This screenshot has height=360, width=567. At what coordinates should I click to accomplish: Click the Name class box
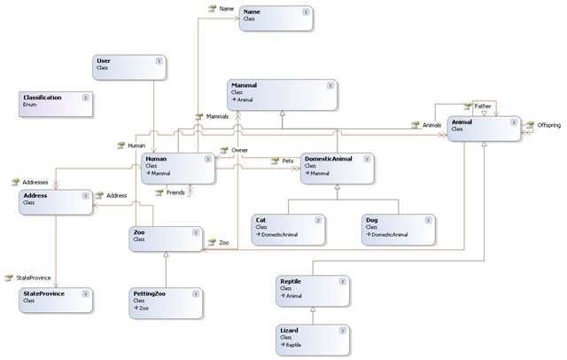(275, 18)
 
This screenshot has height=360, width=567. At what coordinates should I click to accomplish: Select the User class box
(128, 67)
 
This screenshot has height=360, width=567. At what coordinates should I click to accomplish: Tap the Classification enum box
(54, 104)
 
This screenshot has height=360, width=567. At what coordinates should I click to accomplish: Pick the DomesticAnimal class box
(337, 166)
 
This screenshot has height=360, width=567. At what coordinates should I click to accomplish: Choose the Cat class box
(288, 227)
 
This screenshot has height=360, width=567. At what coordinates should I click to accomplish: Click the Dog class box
(397, 227)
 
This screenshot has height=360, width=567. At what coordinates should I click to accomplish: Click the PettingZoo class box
(167, 300)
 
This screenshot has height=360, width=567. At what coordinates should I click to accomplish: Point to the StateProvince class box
(54, 298)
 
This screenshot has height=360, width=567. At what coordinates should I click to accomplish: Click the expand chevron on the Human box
(208, 160)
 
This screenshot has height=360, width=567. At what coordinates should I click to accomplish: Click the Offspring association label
(548, 126)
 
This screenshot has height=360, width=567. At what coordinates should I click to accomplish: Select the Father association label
(483, 106)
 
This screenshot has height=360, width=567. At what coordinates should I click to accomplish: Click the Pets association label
(287, 161)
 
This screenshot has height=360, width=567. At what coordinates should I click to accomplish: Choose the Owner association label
(239, 151)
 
